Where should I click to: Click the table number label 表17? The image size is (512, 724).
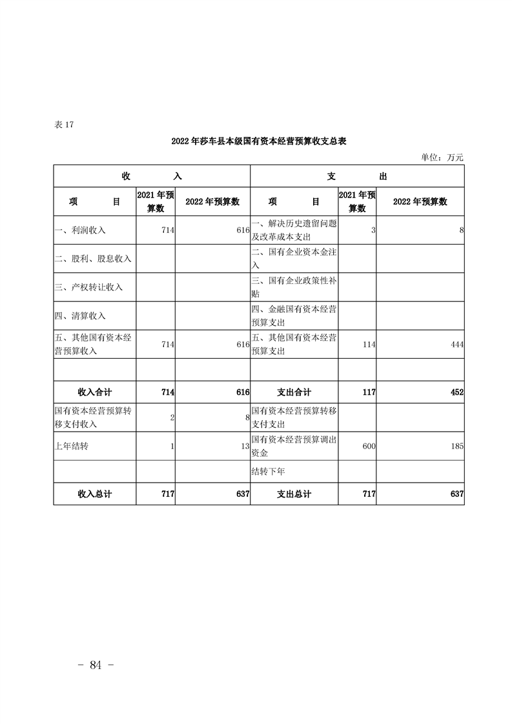point(65,125)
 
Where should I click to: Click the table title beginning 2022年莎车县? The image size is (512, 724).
point(259,141)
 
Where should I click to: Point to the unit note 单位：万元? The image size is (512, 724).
point(442,157)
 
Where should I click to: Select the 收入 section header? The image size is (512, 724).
point(152,176)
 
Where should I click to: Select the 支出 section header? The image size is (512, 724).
point(357,176)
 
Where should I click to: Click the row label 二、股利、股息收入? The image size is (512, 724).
point(93,259)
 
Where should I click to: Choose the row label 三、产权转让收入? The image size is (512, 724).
point(88,287)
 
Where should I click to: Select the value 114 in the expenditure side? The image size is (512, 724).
point(369,345)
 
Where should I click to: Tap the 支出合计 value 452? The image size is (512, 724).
point(456,392)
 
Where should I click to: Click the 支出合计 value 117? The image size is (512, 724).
point(369,392)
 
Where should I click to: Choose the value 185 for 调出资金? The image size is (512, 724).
point(456,446)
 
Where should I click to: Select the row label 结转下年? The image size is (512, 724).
point(268,471)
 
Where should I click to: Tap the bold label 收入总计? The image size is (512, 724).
point(95,494)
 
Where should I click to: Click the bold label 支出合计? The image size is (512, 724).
point(294,392)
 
